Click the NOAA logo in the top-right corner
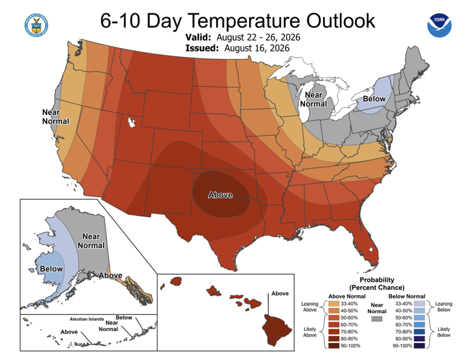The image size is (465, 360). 439,25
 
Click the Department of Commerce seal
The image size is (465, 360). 36,25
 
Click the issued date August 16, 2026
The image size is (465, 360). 257,48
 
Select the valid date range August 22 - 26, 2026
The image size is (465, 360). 258,38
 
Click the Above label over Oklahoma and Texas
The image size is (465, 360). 220,195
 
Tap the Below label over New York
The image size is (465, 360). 374,99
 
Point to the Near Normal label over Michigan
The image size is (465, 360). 313,99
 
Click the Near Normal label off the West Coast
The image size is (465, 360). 55,117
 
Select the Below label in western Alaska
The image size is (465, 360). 51,269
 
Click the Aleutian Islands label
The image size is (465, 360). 87,319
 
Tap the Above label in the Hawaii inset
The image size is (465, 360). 280,293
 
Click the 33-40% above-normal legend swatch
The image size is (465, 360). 333,304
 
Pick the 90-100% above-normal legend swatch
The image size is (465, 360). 333,346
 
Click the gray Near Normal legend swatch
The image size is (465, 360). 377,319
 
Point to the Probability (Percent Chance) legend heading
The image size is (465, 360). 377,284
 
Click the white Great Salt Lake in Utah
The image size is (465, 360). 131,122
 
